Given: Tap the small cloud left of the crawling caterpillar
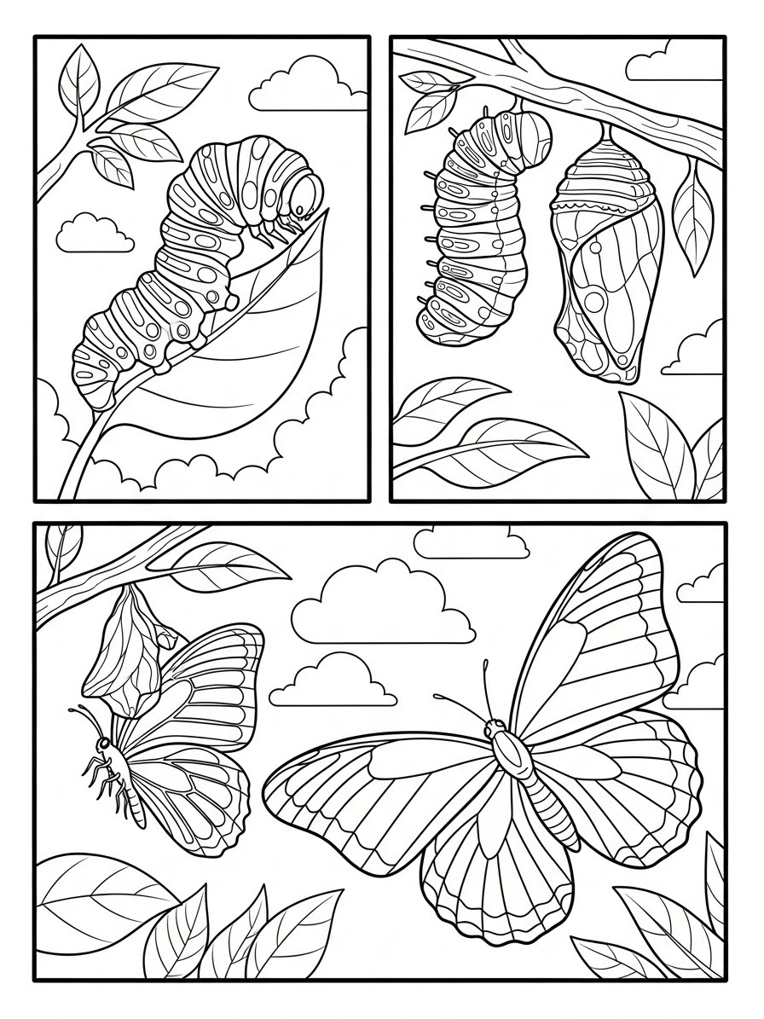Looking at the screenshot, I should click(x=95, y=233).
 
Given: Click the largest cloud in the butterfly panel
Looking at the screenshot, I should click(x=384, y=605).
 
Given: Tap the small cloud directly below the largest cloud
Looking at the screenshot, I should click(x=337, y=682).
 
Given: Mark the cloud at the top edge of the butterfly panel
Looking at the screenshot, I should click(x=469, y=541).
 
